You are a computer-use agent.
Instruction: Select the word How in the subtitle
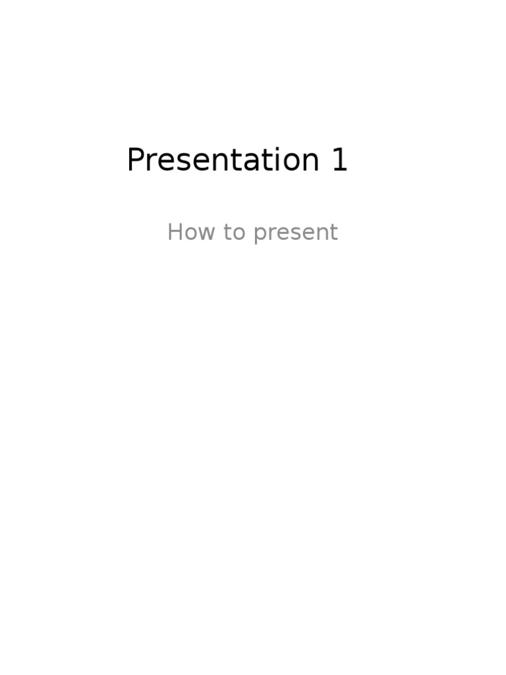(x=190, y=232)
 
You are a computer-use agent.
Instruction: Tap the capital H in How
(x=175, y=232)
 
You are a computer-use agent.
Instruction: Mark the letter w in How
(x=206, y=233)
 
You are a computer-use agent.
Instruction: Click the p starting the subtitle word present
(x=259, y=235)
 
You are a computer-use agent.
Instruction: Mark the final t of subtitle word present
(x=334, y=233)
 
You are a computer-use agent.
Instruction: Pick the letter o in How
(x=190, y=233)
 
